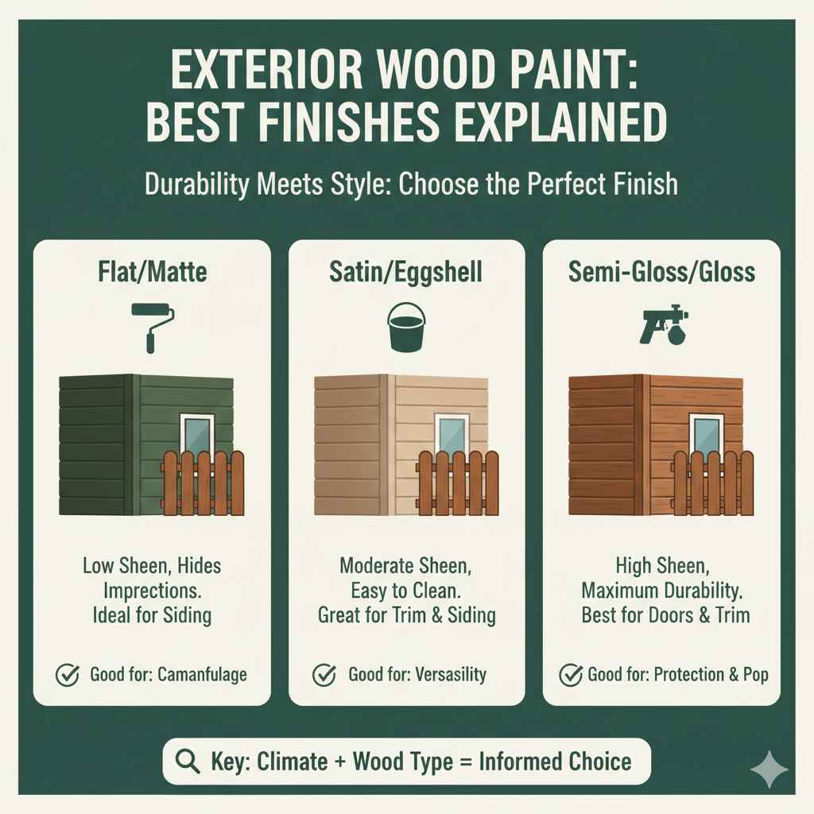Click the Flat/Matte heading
point(152,272)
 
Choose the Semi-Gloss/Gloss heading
point(662,272)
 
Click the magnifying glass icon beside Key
point(187,761)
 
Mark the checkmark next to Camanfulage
point(67,675)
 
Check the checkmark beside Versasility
point(324,675)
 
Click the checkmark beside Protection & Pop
point(572,675)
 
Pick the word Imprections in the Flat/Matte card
point(152,590)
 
